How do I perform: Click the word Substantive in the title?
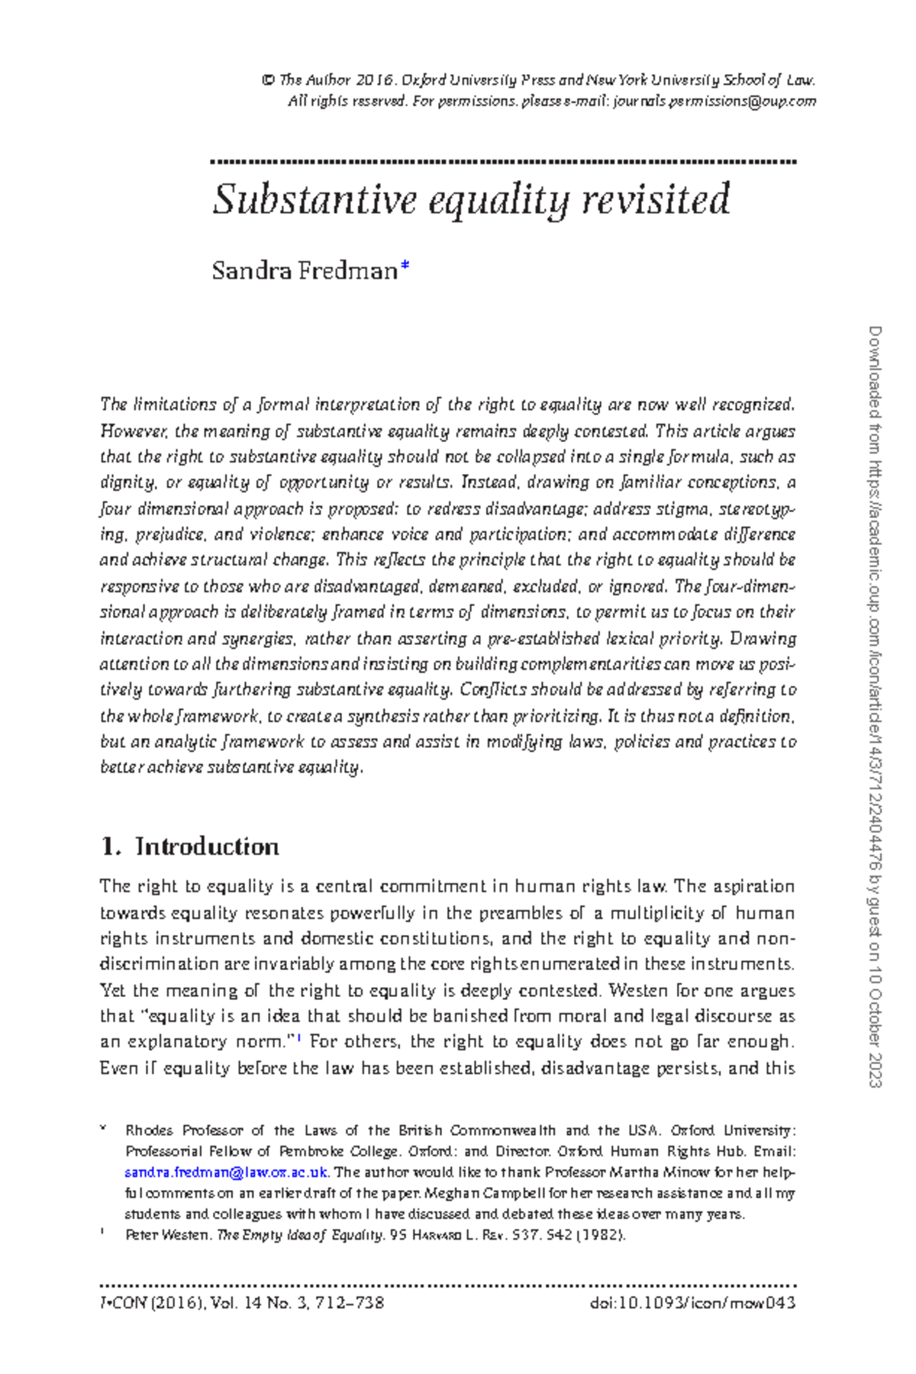click(x=314, y=200)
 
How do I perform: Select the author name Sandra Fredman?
click(x=305, y=271)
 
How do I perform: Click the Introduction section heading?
click(x=207, y=847)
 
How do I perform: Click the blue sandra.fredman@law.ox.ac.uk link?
click(x=226, y=1172)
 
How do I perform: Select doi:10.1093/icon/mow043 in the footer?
click(x=692, y=1303)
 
